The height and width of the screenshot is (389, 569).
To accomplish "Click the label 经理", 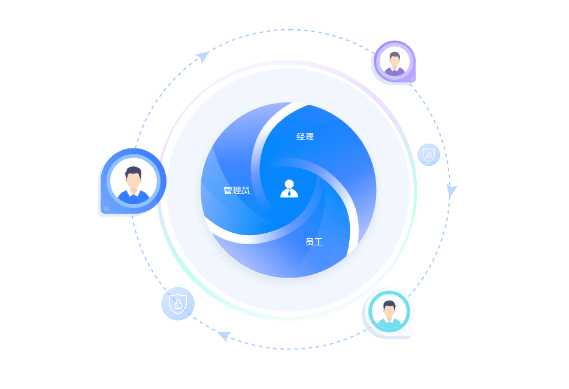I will click(305, 136).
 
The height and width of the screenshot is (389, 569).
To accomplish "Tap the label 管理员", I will click(237, 190).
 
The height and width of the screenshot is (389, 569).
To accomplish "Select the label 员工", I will click(314, 242).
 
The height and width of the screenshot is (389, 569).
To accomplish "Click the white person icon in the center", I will click(289, 188).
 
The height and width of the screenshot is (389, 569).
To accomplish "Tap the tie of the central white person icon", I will click(289, 193).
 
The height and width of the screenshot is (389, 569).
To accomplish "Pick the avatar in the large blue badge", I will click(133, 182).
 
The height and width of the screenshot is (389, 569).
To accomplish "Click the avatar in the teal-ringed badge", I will click(389, 312).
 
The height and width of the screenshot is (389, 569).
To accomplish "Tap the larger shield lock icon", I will click(178, 303).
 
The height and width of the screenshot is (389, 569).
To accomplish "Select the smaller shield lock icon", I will click(429, 154).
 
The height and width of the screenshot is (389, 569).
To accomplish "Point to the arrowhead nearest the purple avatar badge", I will click(203, 57).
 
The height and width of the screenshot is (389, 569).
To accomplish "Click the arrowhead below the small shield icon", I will click(452, 191).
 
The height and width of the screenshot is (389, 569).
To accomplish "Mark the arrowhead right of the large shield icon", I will click(224, 336).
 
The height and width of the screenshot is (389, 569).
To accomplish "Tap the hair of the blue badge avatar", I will click(133, 172).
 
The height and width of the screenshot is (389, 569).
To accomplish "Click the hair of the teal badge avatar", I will click(389, 305).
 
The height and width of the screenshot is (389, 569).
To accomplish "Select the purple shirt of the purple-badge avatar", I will click(394, 72).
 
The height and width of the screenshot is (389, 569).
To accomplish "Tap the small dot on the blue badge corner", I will click(107, 209).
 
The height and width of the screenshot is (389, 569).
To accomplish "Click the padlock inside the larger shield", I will click(178, 305).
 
